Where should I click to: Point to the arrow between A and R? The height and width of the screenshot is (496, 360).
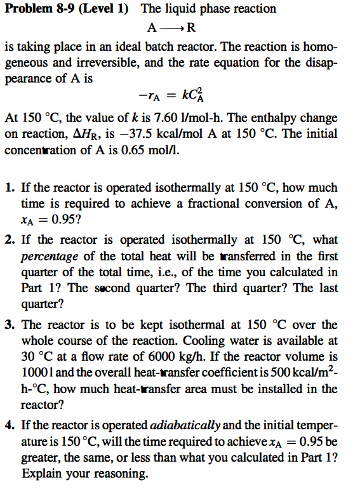coord(172,28)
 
